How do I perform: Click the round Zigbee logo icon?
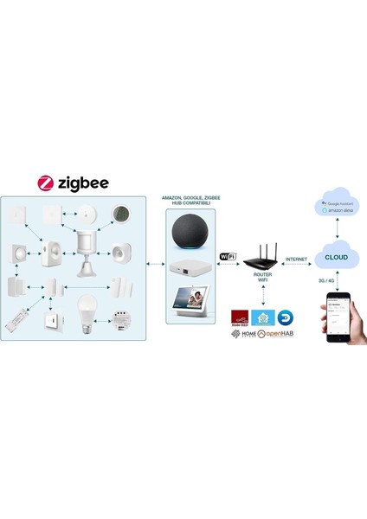click(x=48, y=183)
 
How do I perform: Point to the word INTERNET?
click(x=297, y=258)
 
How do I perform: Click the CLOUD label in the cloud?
click(x=337, y=257)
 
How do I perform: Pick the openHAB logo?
click(x=273, y=332)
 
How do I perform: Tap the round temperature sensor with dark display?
click(x=122, y=214)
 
